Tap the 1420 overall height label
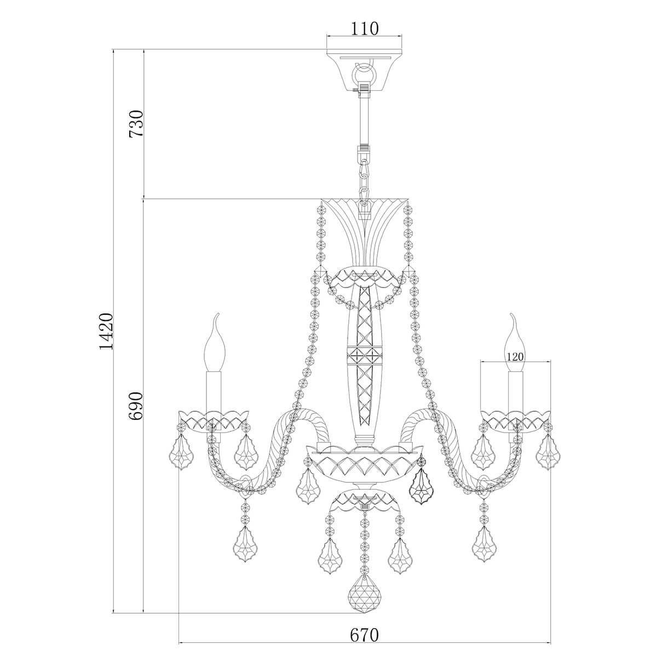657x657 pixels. click(105, 331)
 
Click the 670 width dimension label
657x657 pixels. click(364, 615)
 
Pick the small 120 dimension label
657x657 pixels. click(515, 356)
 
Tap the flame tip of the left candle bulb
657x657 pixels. click(216, 314)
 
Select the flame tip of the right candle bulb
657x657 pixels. click(512, 314)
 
